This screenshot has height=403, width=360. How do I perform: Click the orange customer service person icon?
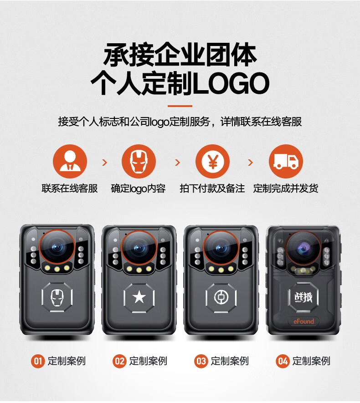pyautogui.click(x=70, y=161)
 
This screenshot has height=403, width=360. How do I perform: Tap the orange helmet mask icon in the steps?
pyautogui.click(x=139, y=161)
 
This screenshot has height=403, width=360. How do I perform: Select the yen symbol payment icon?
pyautogui.click(x=212, y=161)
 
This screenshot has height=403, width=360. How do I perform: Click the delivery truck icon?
pyautogui.click(x=286, y=161)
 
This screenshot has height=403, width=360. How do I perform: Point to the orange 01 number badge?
pyautogui.click(x=38, y=361)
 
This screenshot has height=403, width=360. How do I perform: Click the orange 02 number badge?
pyautogui.click(x=119, y=361)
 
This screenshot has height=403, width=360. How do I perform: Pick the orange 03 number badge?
pyautogui.click(x=201, y=361)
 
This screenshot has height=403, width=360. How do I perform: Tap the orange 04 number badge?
pyautogui.click(x=283, y=361)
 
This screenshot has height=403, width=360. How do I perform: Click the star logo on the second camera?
pyautogui.click(x=139, y=297)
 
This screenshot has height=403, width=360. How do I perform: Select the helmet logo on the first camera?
pyautogui.click(x=57, y=298)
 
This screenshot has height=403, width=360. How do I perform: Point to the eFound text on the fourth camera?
pyautogui.click(x=303, y=321)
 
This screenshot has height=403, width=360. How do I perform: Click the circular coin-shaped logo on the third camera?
pyautogui.click(x=221, y=297)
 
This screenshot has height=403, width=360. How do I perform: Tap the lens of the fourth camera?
pyautogui.click(x=303, y=248)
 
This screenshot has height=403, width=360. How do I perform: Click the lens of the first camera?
pyautogui.click(x=57, y=247)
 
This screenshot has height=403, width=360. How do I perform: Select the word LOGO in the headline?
pyautogui.click(x=231, y=83)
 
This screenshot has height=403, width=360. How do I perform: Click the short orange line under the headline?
pyautogui.click(x=180, y=106)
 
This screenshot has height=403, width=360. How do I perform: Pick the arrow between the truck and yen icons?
pyautogui.click(x=250, y=162)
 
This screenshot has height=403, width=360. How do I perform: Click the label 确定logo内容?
pyautogui.click(x=139, y=189)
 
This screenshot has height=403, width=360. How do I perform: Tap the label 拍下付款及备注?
pyautogui.click(x=212, y=189)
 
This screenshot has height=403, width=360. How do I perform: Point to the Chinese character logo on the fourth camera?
pyautogui.click(x=303, y=297)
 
